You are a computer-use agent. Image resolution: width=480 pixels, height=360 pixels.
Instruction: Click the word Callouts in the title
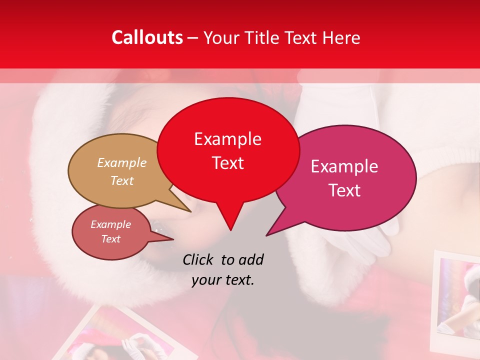click(x=147, y=37)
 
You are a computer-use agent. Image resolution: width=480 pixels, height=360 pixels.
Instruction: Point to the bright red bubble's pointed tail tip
click(x=230, y=230)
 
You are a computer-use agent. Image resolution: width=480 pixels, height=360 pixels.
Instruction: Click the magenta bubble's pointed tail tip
click(x=266, y=235)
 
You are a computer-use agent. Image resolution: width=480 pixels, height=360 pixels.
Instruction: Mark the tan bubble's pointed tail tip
click(x=190, y=212)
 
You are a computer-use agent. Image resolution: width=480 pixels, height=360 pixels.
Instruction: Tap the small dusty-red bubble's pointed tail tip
click(x=173, y=239)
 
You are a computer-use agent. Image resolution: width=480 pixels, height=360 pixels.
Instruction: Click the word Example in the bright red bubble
click(x=227, y=139)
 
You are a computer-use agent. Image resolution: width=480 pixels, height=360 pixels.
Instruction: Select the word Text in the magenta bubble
click(x=344, y=190)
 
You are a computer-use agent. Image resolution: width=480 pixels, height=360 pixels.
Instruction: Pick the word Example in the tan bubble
click(x=121, y=163)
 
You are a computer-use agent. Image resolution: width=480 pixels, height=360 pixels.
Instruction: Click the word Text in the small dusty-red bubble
click(x=111, y=239)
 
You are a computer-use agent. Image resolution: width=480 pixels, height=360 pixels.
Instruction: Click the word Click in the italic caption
click(x=199, y=259)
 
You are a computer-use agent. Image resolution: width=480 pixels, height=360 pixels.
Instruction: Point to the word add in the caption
click(x=251, y=259)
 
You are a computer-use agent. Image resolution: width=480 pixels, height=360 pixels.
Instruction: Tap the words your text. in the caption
click(x=223, y=280)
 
